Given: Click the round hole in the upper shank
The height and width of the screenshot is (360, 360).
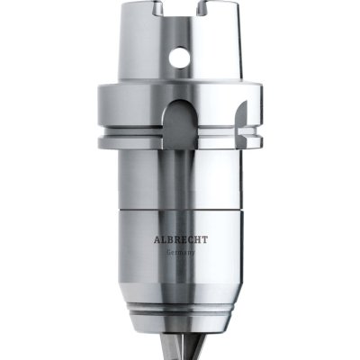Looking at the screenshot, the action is pyautogui.click(x=179, y=57).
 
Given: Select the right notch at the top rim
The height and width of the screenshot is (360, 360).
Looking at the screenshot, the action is pyautogui.click(x=202, y=8).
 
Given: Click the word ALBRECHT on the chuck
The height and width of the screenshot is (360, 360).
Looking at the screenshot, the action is pyautogui.click(x=181, y=240).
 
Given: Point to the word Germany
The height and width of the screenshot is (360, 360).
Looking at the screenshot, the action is pyautogui.click(x=181, y=253).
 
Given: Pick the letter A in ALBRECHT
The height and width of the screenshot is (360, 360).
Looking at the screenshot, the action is pyautogui.click(x=157, y=240).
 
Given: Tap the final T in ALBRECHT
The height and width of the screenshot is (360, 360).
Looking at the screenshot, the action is pyautogui.click(x=204, y=240).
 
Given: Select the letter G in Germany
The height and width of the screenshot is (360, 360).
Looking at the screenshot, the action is pyautogui.click(x=169, y=252).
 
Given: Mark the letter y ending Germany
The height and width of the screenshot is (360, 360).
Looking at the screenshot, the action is pyautogui.click(x=193, y=254).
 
